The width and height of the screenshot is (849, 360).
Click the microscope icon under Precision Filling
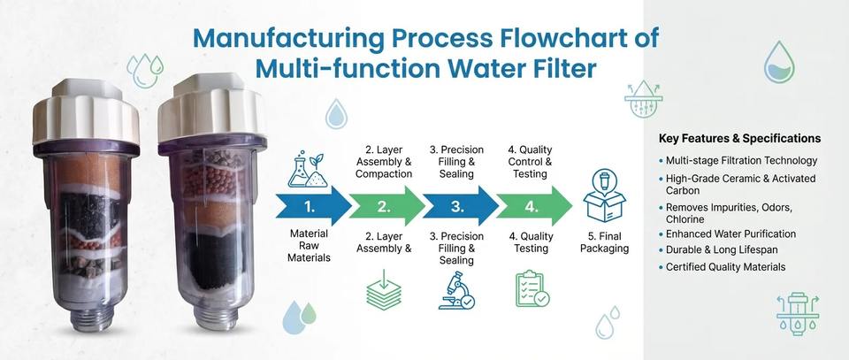pyautogui.click(x=456, y=291)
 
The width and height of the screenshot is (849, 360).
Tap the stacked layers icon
pyautogui.click(x=385, y=291)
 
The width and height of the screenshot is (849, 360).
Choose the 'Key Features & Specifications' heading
pyautogui.click(x=739, y=139)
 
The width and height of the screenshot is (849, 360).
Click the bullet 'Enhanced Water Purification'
pyautogui.click(x=730, y=234)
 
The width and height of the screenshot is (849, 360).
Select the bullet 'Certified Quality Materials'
pyautogui.click(x=725, y=267)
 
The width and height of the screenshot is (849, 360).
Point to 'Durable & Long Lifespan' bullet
pyautogui.click(x=722, y=250)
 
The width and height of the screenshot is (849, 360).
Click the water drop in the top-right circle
pyautogui.click(x=779, y=63)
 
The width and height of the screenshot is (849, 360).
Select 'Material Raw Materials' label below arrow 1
pyautogui.click(x=310, y=246)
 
